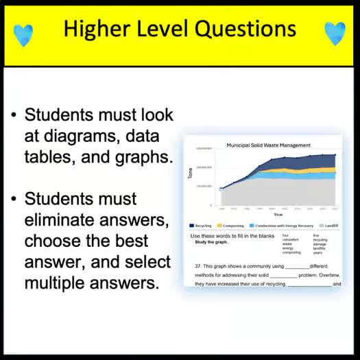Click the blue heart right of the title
coord(335,32)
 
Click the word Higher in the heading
coord(96,29)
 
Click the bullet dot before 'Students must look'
coord(14,115)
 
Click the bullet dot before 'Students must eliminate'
coord(14,200)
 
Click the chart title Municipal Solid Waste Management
coord(268,145)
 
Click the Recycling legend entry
coord(201,224)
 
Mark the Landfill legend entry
coord(328,224)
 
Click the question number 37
coord(197,265)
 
